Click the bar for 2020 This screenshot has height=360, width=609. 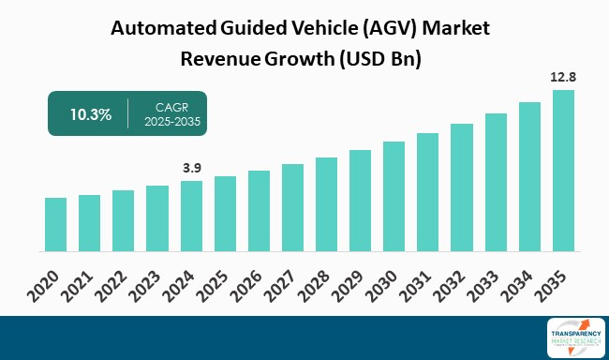[x=55, y=225]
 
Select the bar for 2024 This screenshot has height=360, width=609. [x=191, y=217]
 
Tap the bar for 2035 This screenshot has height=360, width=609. [x=563, y=172]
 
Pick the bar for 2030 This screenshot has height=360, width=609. [x=394, y=197]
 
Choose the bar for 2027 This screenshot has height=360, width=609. [x=292, y=208]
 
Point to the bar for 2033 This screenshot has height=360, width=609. [x=496, y=183]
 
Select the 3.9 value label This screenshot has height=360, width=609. [x=191, y=168]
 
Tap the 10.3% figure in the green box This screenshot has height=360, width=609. [x=91, y=114]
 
